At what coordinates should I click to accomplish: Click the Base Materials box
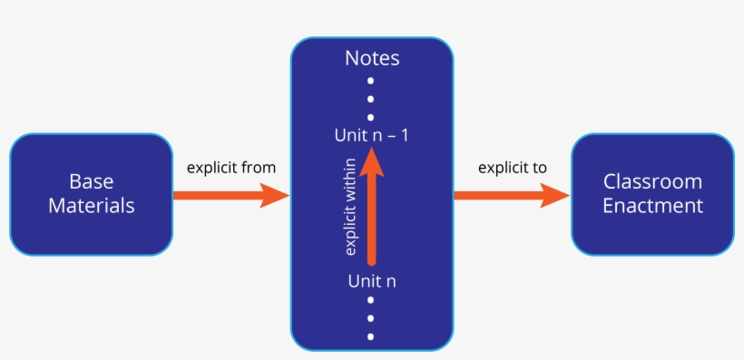coord(91,194)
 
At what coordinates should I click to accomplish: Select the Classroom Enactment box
coord(652,194)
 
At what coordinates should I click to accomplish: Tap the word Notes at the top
coord(372,59)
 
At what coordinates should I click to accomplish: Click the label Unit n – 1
coord(372,136)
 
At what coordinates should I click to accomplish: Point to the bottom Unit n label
coord(372,280)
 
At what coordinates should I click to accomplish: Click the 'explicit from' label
coord(230,168)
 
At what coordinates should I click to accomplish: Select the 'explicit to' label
coord(513,168)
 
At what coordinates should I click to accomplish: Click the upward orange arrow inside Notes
coord(372,218)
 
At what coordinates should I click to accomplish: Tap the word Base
coord(91,181)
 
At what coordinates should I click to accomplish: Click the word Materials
coord(91,206)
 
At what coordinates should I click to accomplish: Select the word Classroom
coord(652,181)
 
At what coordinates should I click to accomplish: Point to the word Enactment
coord(652,206)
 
